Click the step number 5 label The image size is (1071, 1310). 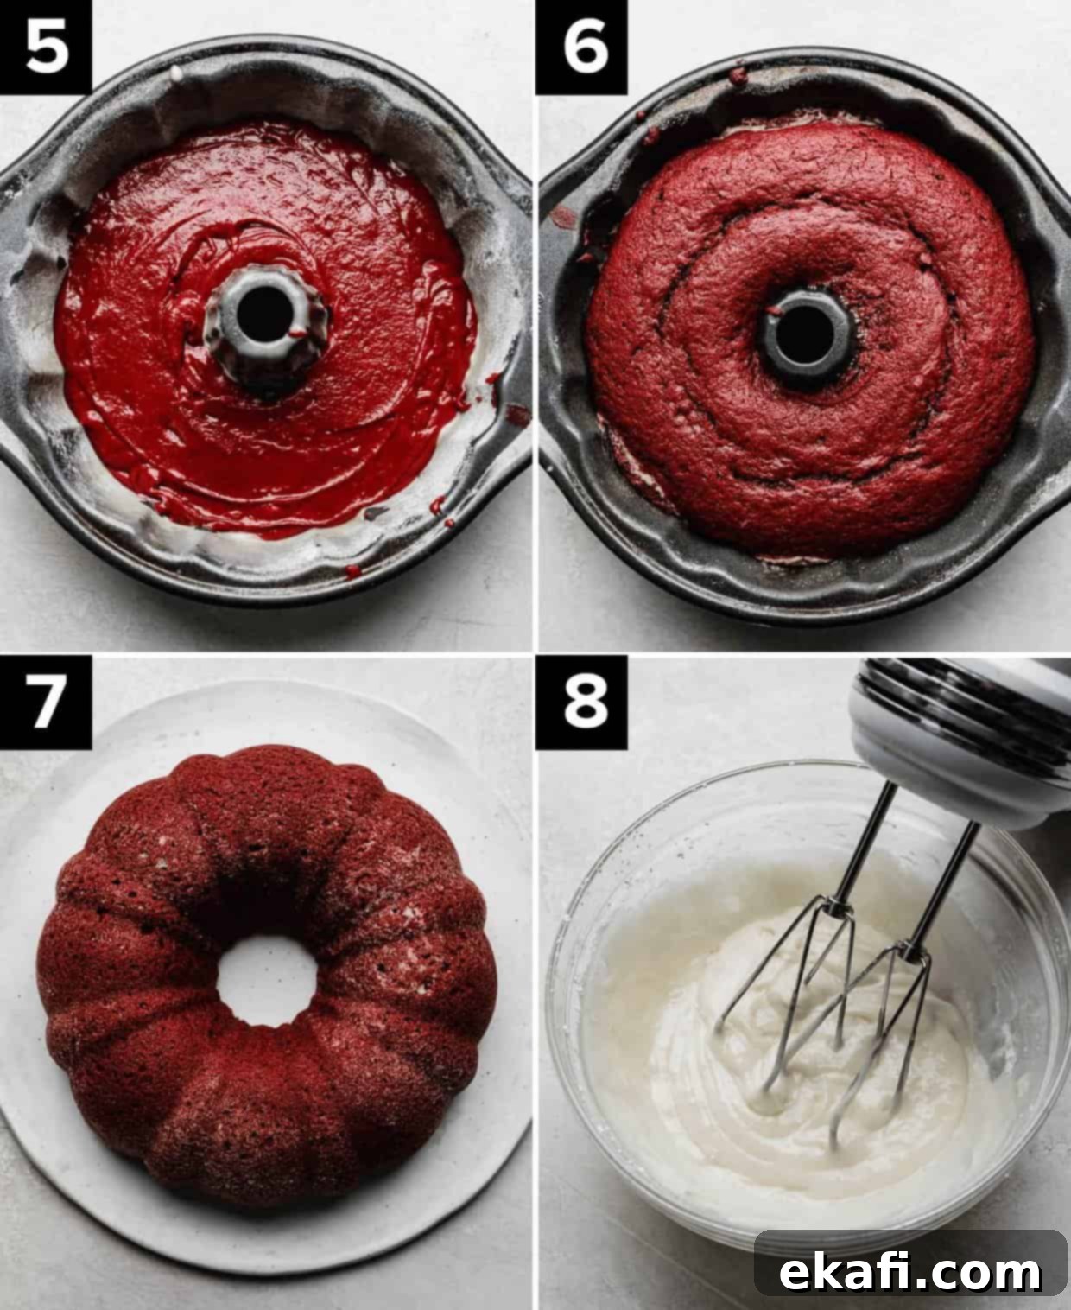pos(46,48)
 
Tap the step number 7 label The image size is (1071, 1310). pos(46,702)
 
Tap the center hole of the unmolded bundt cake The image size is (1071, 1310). pos(267,981)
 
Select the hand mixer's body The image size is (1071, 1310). pos(962,739)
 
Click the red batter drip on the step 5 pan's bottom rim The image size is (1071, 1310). pos(353,570)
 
